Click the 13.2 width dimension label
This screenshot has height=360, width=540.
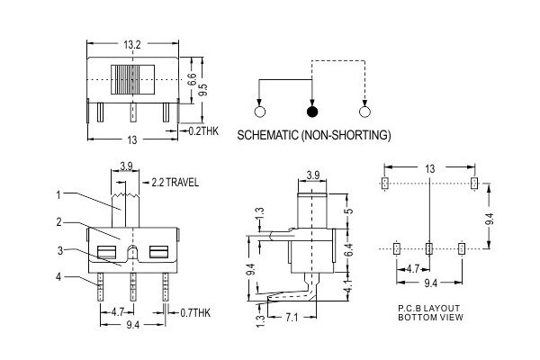tap(132, 44)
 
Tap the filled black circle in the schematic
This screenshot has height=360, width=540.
tap(312, 112)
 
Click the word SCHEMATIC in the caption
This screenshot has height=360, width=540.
tap(267, 135)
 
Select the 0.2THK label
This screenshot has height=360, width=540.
tap(203, 130)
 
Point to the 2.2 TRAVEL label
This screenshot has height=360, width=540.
tap(175, 182)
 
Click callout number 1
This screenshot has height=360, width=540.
tap(58, 195)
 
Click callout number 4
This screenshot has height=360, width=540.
tap(58, 276)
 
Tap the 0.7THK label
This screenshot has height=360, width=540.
tap(195, 313)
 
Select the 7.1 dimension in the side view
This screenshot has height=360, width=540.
tap(292, 318)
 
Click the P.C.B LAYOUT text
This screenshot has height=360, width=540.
tap(428, 309)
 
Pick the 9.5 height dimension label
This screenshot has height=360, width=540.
tap(204, 90)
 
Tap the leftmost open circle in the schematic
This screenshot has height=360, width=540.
tap(260, 112)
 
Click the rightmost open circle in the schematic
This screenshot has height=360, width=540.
tap(364, 112)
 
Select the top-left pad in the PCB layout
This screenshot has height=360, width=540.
tap(385, 184)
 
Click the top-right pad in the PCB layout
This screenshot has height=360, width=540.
tap(474, 184)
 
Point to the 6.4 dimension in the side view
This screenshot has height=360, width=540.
tap(349, 250)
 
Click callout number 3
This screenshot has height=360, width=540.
tap(60, 251)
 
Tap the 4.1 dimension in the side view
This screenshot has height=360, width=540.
tap(349, 286)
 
